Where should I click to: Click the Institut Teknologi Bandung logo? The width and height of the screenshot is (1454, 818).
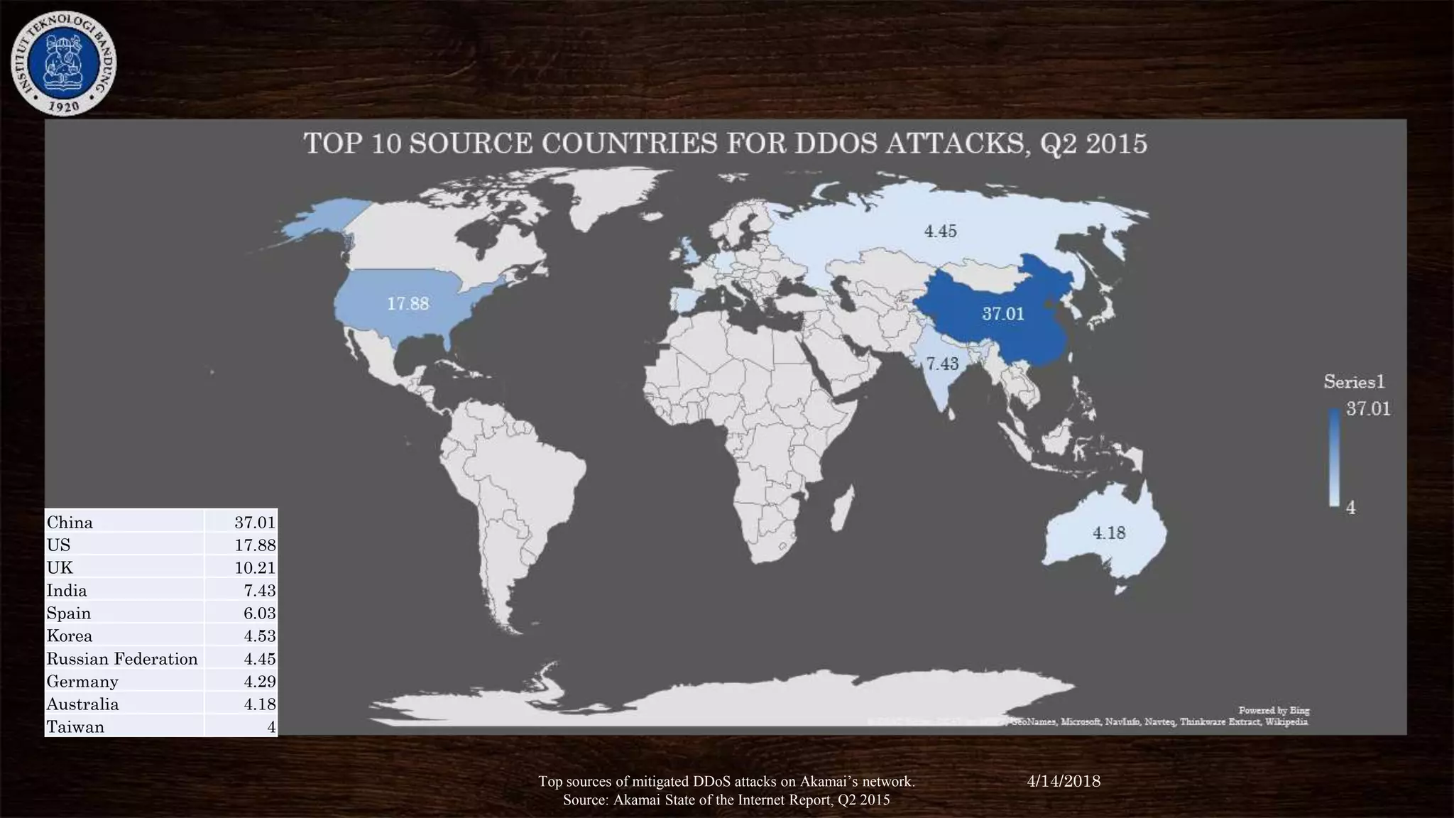tap(63, 63)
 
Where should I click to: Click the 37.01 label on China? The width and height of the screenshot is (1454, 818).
tap(1002, 314)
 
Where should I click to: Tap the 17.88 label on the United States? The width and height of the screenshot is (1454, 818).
tap(408, 304)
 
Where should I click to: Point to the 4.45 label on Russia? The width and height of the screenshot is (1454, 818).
tap(940, 231)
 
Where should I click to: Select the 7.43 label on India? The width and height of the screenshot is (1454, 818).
tap(942, 364)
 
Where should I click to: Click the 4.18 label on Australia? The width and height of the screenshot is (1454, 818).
tap(1108, 533)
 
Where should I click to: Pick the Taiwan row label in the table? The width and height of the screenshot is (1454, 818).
tap(75, 727)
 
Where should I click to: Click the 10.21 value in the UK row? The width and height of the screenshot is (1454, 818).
tap(255, 568)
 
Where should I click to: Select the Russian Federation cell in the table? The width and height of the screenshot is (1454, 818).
tap(122, 659)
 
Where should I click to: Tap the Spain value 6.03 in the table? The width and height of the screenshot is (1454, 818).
tap(259, 613)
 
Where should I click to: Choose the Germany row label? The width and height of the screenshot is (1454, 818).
tap(82, 682)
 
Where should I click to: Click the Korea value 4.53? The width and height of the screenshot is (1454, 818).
tap(259, 636)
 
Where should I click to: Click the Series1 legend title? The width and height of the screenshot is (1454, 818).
tap(1354, 382)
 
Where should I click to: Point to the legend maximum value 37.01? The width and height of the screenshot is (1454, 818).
tap(1368, 409)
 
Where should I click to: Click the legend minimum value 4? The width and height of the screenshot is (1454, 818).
tap(1350, 508)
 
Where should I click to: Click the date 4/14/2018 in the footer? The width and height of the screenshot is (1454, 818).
tap(1064, 781)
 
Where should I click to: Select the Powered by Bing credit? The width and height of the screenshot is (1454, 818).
tap(1274, 710)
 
